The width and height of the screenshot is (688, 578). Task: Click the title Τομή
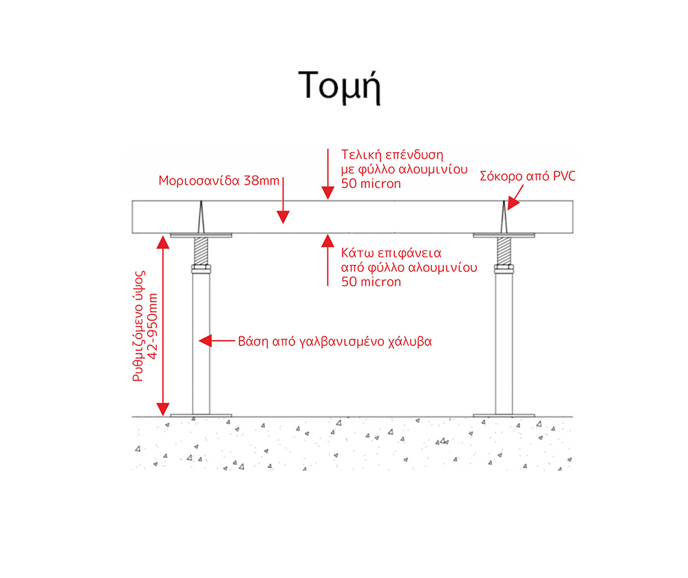tap(339, 86)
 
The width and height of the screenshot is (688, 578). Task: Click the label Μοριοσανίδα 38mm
tap(219, 180)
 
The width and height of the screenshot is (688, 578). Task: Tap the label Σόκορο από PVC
tap(528, 176)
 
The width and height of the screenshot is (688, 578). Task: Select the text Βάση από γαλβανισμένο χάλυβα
tap(335, 341)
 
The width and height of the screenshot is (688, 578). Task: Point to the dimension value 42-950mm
tap(153, 326)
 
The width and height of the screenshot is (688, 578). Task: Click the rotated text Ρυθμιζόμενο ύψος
tap(139, 326)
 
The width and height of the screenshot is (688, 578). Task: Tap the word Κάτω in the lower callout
tap(357, 253)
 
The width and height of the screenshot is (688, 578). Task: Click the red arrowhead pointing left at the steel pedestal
tap(205, 341)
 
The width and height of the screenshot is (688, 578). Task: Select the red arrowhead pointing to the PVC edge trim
tap(514, 204)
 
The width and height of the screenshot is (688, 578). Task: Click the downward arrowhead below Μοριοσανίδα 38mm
tap(283, 217)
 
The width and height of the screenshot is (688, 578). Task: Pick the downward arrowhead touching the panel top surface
tap(327, 193)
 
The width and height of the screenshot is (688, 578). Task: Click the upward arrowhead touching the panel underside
tap(327, 241)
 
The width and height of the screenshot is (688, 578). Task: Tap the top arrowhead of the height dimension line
tap(163, 242)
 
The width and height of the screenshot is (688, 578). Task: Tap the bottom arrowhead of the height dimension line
tap(163, 409)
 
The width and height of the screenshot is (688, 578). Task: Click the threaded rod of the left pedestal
tap(201, 250)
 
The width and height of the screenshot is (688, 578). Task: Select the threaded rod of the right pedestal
tap(504, 250)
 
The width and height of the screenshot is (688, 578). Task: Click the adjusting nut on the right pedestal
tap(504, 269)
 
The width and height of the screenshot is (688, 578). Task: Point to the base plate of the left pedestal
tap(201, 415)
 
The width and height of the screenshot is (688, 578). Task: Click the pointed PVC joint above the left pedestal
tap(201, 217)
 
